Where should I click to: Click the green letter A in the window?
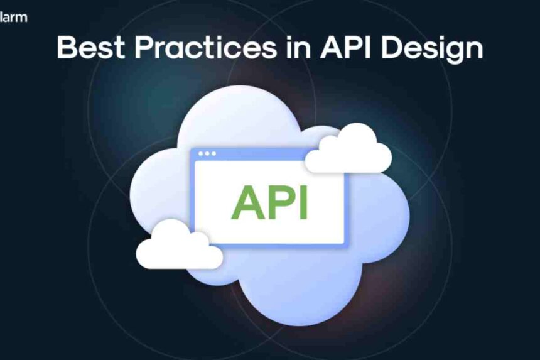click(x=247, y=202)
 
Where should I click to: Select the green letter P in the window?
click(x=281, y=202)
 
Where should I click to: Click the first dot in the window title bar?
click(x=201, y=153)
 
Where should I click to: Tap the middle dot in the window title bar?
click(x=207, y=153)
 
